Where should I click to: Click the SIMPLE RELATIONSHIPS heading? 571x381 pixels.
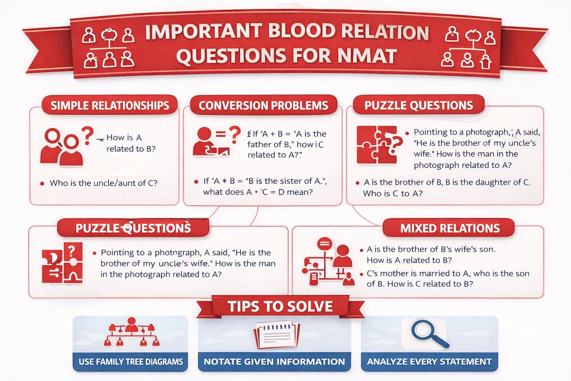110,106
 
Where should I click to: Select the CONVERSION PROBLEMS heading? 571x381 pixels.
263,106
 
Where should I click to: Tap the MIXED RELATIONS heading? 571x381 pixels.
450,228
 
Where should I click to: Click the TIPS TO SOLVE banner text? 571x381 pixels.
280,307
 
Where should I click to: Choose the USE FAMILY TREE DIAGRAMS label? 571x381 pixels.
130,362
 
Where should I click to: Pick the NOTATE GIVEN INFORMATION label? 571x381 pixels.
274,362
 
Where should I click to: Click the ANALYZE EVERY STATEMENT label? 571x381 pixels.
429,362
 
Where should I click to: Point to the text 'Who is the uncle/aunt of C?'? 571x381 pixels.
103,183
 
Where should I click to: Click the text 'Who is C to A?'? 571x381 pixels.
393,193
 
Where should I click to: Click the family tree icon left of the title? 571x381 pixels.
108,47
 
